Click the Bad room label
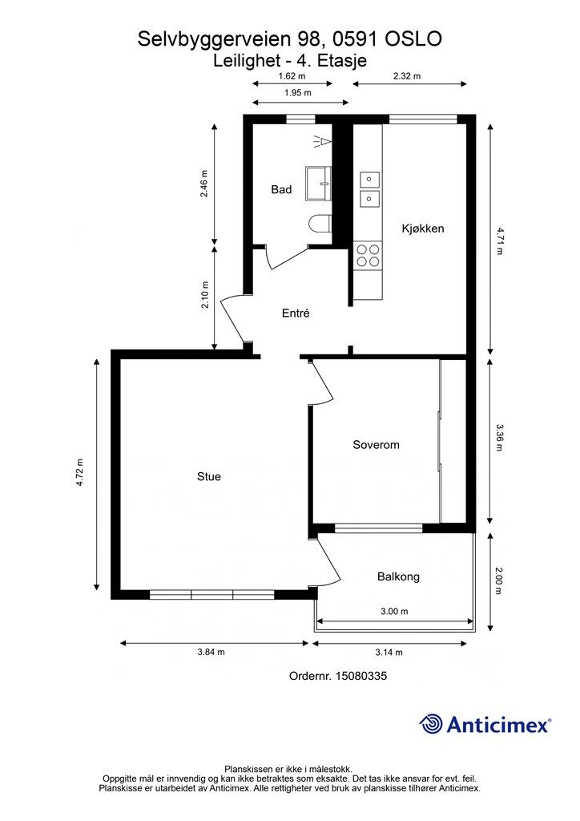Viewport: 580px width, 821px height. (x=281, y=189)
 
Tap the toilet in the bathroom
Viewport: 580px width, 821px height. (x=320, y=224)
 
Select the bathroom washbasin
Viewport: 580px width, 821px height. (x=319, y=184)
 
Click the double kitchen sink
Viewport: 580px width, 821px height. (x=369, y=189)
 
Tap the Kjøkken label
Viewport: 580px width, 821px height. (x=422, y=229)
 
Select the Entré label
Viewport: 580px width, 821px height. (x=296, y=313)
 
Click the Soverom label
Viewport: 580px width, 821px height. (x=376, y=445)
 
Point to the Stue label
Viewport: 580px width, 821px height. (x=208, y=476)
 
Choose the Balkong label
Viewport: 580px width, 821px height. (x=398, y=577)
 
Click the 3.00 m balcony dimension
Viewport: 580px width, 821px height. (x=394, y=611)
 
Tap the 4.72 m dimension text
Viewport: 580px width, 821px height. (x=80, y=473)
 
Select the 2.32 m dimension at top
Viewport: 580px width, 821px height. (x=407, y=76)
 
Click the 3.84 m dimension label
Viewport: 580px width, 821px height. (x=211, y=652)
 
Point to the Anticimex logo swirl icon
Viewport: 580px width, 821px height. (x=430, y=724)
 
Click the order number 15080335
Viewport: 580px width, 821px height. (x=360, y=676)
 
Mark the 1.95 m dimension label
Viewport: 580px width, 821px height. (x=297, y=93)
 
